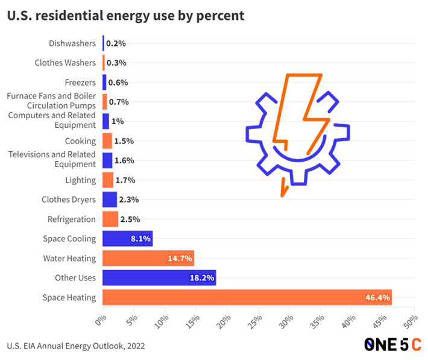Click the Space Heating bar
pyautogui.click(x=247, y=297)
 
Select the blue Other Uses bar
pyautogui.click(x=159, y=278)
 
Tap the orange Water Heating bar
pyautogui.click(x=148, y=258)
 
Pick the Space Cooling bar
pyautogui.click(x=127, y=239)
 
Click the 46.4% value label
pyautogui.click(x=377, y=297)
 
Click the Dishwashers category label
pyautogui.click(x=72, y=43)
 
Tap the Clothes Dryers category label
pyautogui.click(x=69, y=200)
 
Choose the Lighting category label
pyautogui.click(x=80, y=180)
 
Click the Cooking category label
pyautogui.click(x=80, y=141)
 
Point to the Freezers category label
pyautogui.click(x=80, y=83)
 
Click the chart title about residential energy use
pyautogui.click(x=126, y=16)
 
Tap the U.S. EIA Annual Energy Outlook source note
pyautogui.click(x=76, y=346)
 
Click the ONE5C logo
pyautogui.click(x=392, y=345)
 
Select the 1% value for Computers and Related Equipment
pyautogui.click(x=118, y=121)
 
